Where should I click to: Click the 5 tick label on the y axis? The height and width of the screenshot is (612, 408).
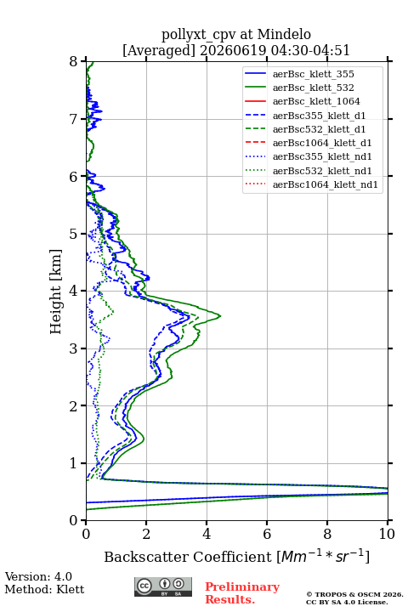click(x=74, y=234)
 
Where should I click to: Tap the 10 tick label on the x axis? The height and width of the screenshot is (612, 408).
click(x=387, y=534)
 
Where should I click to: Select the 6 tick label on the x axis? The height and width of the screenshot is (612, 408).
click(x=267, y=534)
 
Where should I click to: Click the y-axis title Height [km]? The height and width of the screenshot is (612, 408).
click(x=56, y=292)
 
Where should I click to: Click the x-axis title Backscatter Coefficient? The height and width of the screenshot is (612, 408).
click(x=188, y=557)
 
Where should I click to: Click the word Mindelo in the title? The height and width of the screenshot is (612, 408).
click(x=284, y=34)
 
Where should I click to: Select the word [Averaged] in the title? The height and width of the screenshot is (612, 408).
click(x=159, y=50)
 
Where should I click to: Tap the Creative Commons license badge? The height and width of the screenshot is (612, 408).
click(x=163, y=587)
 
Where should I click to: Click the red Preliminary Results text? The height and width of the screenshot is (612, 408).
click(x=242, y=593)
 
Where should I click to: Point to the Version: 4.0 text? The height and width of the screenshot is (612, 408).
click(x=38, y=576)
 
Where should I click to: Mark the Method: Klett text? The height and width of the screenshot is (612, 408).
click(x=44, y=589)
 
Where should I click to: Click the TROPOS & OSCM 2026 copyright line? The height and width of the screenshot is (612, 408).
click(x=354, y=594)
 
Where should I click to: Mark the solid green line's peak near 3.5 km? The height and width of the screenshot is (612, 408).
click(x=221, y=315)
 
